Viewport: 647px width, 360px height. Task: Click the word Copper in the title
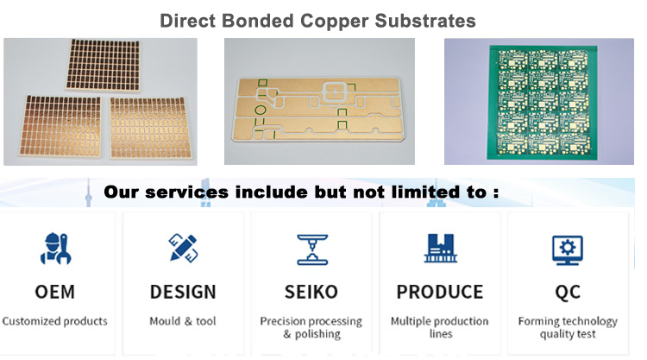(334, 22)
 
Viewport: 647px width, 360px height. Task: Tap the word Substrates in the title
(425, 21)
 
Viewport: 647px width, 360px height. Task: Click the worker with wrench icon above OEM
(56, 248)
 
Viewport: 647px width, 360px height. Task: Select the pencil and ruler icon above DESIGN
(184, 248)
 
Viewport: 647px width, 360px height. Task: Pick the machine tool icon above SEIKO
(312, 249)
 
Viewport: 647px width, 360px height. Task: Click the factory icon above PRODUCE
(440, 248)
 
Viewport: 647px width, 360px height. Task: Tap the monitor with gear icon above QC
(568, 250)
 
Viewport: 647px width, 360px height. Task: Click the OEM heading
(55, 292)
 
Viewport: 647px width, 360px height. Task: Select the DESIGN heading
(183, 292)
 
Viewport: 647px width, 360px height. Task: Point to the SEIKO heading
(311, 292)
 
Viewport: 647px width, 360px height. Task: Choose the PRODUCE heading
(440, 292)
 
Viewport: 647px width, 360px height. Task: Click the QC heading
(568, 293)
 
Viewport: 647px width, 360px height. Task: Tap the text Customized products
(55, 321)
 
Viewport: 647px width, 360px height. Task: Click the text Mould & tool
(183, 321)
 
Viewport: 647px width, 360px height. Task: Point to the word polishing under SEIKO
(317, 334)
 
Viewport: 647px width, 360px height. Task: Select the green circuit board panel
(543, 103)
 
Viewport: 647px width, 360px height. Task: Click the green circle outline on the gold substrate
(261, 110)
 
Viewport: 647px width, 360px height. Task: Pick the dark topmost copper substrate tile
(103, 65)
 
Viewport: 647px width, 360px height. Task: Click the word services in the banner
(186, 193)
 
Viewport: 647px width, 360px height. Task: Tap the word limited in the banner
(425, 192)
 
